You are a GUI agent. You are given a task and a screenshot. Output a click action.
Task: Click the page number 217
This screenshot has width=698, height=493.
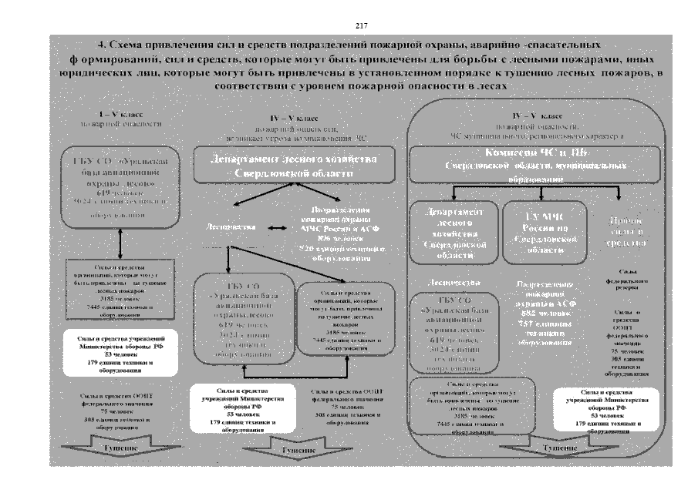[x=361, y=26]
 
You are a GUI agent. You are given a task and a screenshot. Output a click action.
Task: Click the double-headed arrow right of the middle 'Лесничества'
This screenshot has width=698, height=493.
[x=274, y=228]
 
